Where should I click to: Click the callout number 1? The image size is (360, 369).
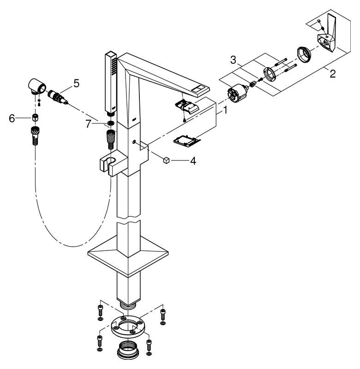click(225, 110)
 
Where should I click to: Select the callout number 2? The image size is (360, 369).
click(332, 74)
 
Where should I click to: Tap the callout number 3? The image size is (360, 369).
click(233, 60)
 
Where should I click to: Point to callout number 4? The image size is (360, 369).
click(193, 161)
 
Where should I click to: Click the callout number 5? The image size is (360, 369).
click(76, 83)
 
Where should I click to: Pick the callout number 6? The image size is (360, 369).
click(12, 119)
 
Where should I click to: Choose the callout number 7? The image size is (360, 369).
click(88, 124)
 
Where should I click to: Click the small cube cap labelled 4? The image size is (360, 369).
click(166, 161)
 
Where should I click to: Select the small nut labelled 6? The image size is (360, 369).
click(35, 117)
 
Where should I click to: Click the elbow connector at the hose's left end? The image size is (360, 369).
click(37, 86)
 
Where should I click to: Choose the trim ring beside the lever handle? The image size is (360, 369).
click(304, 55)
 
